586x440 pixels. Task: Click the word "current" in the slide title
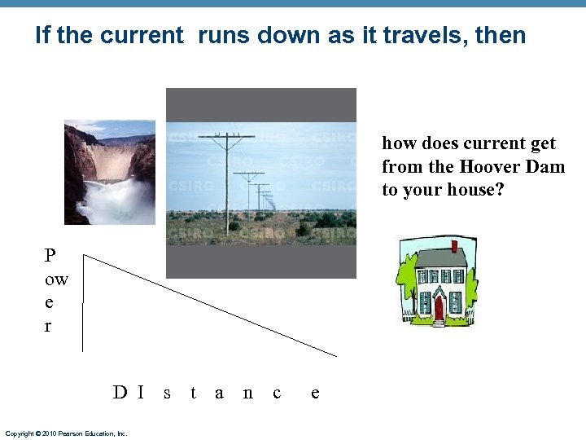(x=142, y=36)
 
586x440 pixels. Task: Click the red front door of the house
(x=439, y=307)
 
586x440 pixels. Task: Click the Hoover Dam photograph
(x=109, y=172)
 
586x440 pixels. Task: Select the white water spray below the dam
(x=113, y=200)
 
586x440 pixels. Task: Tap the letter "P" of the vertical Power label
(x=50, y=256)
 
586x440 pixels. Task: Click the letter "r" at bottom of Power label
(x=48, y=326)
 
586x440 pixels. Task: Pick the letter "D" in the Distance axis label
(x=120, y=393)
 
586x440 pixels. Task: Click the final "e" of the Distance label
(x=315, y=393)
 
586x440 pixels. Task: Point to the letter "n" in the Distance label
(x=247, y=393)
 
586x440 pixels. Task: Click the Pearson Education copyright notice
(x=66, y=433)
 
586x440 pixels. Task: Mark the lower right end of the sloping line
(x=336, y=355)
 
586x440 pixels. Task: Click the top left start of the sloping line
(x=85, y=255)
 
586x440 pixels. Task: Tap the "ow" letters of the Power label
(x=56, y=280)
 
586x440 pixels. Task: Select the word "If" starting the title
(x=43, y=36)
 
